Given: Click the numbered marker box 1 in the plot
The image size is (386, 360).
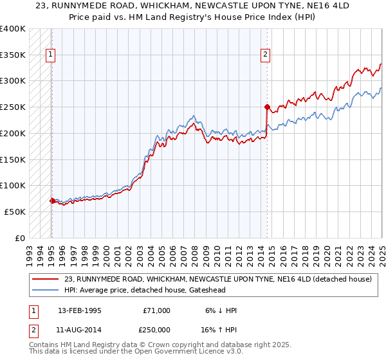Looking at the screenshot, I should point(50,55).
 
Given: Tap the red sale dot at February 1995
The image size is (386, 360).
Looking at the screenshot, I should point(52,201).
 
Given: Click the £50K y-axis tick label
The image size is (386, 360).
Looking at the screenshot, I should point(15,212).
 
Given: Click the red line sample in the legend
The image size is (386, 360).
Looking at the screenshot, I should point(44,280).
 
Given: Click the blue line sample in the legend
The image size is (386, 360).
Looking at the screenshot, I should point(44,291).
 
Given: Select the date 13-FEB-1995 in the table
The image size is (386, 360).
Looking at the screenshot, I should point(79,310).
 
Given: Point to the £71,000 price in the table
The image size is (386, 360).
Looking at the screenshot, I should point(157,310).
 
